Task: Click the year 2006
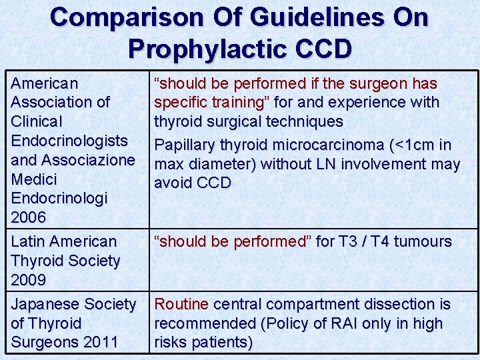(x=29, y=217)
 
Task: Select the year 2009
(x=29, y=280)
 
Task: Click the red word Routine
(x=181, y=304)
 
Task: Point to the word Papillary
(x=183, y=145)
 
